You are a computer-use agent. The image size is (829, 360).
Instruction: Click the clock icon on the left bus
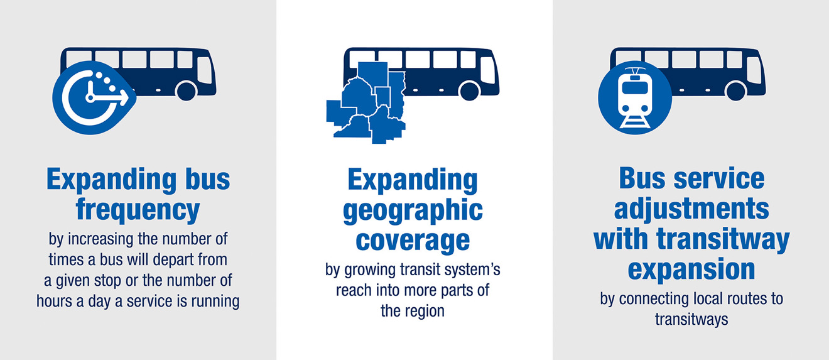[93, 98]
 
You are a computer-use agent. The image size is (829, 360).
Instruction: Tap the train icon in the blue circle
[635, 98]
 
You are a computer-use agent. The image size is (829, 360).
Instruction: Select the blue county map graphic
[366, 103]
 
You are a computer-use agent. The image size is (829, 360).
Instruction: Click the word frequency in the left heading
[138, 210]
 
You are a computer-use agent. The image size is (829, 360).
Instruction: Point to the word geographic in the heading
[413, 210]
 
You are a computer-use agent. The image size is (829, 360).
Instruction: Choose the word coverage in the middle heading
[413, 241]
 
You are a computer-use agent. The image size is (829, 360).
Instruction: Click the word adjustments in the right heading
[691, 209]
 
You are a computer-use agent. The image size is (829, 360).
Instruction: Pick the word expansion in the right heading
[691, 270]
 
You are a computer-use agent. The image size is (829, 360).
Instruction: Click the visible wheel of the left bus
[186, 91]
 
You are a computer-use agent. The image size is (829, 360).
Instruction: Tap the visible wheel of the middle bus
[469, 91]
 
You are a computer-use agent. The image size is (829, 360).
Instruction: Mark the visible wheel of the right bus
[736, 91]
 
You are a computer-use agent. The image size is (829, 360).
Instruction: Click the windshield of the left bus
[205, 70]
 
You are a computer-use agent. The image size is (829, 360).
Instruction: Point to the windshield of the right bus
[754, 70]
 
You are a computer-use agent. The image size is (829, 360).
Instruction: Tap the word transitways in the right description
[691, 319]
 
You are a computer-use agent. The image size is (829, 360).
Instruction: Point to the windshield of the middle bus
[488, 70]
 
